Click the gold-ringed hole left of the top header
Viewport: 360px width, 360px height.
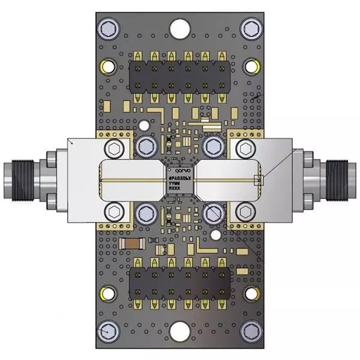coord(108,65)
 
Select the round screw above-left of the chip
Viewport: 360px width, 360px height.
coord(145,147)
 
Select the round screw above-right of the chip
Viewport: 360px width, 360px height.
coord(212,147)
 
